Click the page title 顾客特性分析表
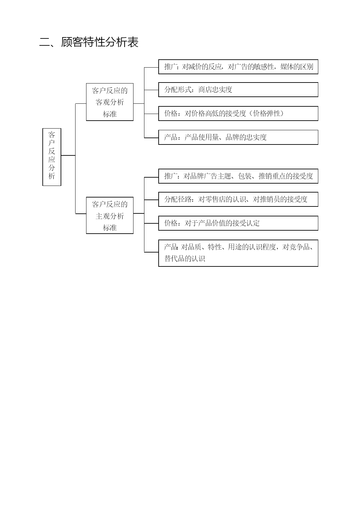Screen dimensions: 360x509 click(100, 42)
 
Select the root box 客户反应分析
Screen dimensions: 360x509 click(52, 157)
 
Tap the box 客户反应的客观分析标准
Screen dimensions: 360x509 click(110, 102)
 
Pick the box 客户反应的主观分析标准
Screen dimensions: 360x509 click(110, 215)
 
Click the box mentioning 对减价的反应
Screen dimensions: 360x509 click(238, 67)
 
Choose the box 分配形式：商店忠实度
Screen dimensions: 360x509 click(238, 90)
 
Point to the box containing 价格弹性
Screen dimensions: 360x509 click(238, 113)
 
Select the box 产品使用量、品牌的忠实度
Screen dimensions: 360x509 click(238, 137)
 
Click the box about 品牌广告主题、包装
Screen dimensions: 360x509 click(238, 176)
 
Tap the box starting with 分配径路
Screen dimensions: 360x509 click(238, 199)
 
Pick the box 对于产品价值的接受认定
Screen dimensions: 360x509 click(238, 223)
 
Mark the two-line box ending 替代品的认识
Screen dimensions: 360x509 click(238, 253)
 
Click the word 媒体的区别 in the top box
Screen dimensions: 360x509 click(297, 67)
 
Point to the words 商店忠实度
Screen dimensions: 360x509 click(215, 89)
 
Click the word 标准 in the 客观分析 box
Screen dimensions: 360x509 click(110, 114)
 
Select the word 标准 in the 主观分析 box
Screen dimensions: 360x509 click(110, 227)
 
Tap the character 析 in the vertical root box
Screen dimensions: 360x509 click(52, 176)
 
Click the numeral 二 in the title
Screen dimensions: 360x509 click(45, 42)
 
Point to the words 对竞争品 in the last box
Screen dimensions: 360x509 click(296, 247)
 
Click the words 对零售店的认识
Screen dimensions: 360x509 click(222, 199)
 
